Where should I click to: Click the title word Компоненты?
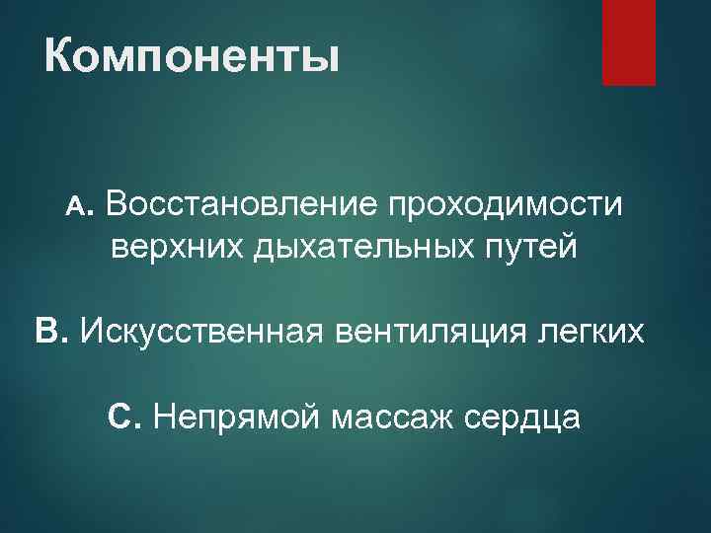[x=192, y=56]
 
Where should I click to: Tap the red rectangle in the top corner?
[x=629, y=42]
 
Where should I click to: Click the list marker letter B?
[x=49, y=329]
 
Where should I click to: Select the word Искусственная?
[x=200, y=330]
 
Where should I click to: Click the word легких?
[x=594, y=330]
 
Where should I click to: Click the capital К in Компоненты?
[x=61, y=56]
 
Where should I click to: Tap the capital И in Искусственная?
[x=91, y=330]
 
